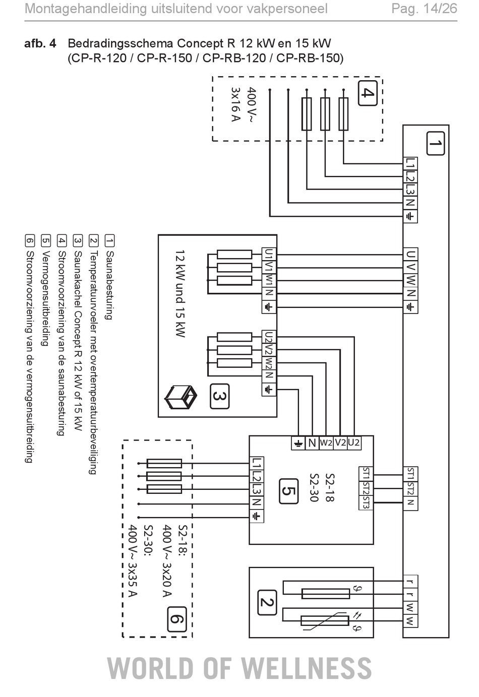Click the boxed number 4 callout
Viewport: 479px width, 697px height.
[368, 93]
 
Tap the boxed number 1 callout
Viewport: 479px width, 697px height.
[435, 143]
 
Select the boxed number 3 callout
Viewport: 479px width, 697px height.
[220, 396]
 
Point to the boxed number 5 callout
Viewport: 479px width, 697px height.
[288, 491]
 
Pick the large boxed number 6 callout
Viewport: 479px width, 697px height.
[177, 619]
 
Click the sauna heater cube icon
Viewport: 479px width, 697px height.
[181, 397]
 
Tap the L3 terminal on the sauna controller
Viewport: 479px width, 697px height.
[410, 189]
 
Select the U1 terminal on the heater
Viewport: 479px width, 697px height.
[269, 254]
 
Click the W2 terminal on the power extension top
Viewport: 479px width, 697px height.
[326, 443]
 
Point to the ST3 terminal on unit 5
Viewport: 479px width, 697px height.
[366, 502]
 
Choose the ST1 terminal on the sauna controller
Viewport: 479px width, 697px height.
[410, 474]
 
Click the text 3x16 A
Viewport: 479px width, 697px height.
[236, 104]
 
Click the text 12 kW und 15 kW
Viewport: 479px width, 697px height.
[181, 294]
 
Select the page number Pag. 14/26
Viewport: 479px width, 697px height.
[424, 9]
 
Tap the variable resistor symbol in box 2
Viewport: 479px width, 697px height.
[325, 621]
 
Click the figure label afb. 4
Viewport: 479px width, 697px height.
[40, 43]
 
